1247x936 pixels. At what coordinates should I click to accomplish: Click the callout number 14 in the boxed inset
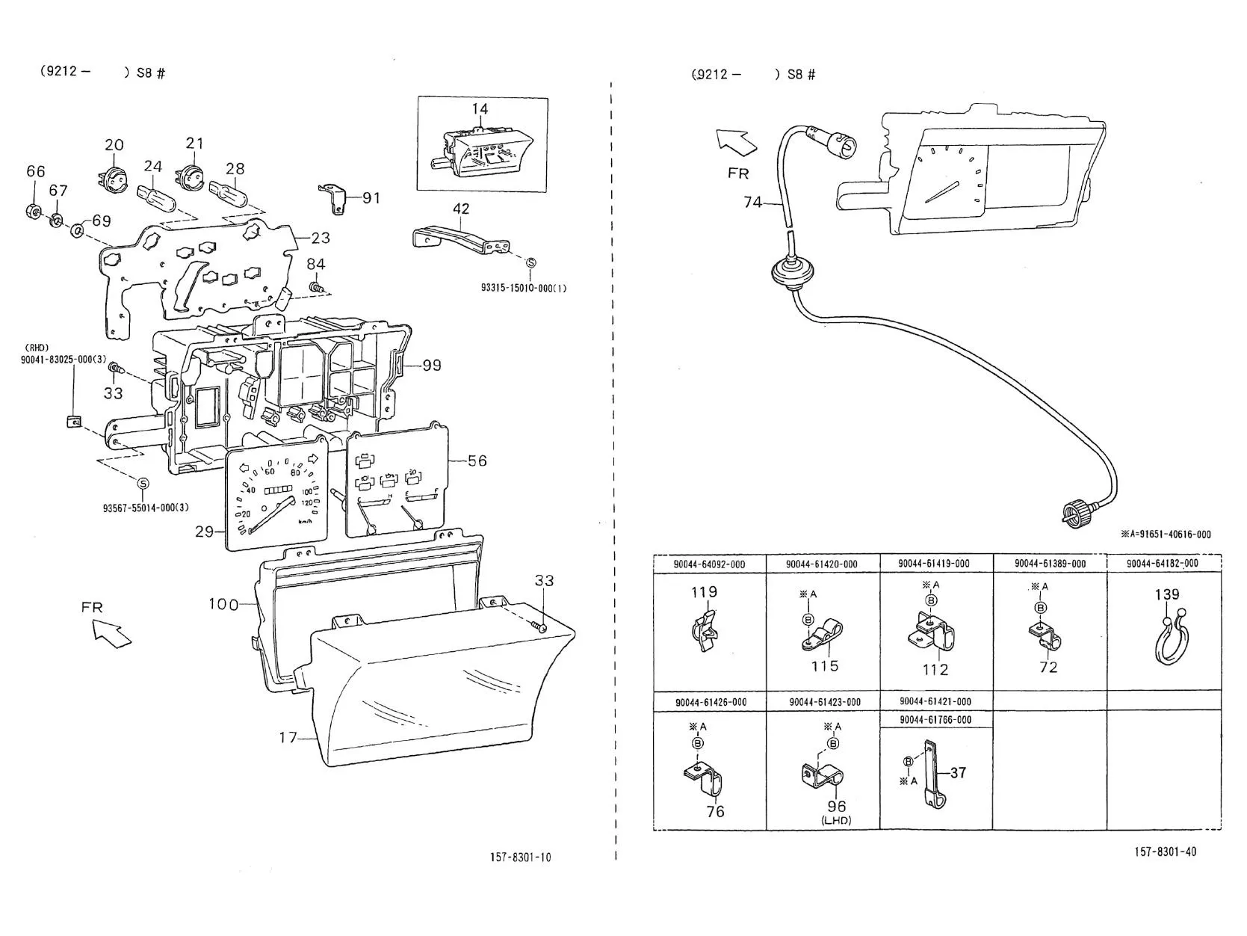click(x=480, y=108)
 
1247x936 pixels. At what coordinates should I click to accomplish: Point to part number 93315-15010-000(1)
click(x=523, y=288)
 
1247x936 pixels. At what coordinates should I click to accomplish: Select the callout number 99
click(x=432, y=365)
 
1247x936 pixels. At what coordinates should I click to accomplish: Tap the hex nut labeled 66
click(x=34, y=212)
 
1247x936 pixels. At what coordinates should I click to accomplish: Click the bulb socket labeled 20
click(x=114, y=177)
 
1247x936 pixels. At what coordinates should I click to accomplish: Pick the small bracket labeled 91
click(x=334, y=198)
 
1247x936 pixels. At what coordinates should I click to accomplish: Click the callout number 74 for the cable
click(x=752, y=202)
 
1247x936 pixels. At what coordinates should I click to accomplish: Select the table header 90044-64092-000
click(x=709, y=564)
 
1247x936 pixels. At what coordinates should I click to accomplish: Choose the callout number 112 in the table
click(x=935, y=669)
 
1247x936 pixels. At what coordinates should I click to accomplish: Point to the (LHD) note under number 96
click(x=836, y=820)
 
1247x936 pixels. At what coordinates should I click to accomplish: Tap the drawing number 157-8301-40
click(x=1166, y=852)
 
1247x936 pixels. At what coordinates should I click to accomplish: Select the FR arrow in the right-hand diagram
click(x=736, y=143)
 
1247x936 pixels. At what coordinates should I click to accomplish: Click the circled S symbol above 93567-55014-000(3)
click(x=143, y=484)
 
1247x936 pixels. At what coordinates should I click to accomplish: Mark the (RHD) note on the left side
click(x=37, y=348)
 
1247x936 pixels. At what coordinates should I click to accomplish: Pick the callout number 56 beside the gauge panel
click(x=477, y=461)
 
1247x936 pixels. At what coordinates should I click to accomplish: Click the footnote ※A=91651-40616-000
click(x=1166, y=535)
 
